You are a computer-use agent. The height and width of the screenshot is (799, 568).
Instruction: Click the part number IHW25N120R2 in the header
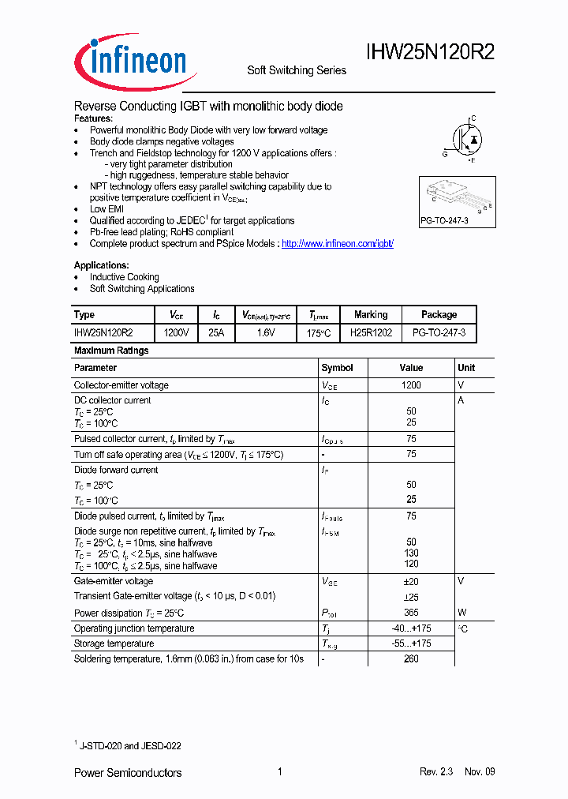tap(430, 53)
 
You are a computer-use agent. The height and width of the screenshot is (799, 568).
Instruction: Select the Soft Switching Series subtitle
tap(297, 70)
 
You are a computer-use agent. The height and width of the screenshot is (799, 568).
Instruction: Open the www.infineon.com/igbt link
tap(337, 244)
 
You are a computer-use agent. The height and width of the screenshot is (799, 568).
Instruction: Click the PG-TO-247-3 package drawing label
tap(445, 220)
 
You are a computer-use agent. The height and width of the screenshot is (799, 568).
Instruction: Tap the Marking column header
tap(371, 314)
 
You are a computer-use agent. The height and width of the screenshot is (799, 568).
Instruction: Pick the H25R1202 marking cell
tap(371, 334)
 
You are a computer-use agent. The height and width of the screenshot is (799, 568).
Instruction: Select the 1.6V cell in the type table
tap(266, 334)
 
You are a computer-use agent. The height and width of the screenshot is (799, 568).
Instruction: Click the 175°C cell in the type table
tap(318, 334)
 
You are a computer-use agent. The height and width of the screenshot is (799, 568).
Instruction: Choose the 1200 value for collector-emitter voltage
tap(411, 385)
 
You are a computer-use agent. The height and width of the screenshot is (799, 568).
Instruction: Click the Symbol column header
tap(337, 368)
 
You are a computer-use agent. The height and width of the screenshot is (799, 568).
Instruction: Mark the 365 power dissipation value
tap(411, 613)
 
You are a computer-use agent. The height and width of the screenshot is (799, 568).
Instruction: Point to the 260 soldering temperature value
tap(411, 658)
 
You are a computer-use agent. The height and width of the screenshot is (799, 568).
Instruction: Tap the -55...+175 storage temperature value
tap(411, 643)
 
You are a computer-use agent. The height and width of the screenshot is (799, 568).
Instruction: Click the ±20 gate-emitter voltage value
tap(411, 581)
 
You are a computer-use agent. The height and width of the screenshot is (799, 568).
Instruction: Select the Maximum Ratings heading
tap(111, 350)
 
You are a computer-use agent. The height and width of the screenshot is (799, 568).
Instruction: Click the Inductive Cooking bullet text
tap(124, 277)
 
